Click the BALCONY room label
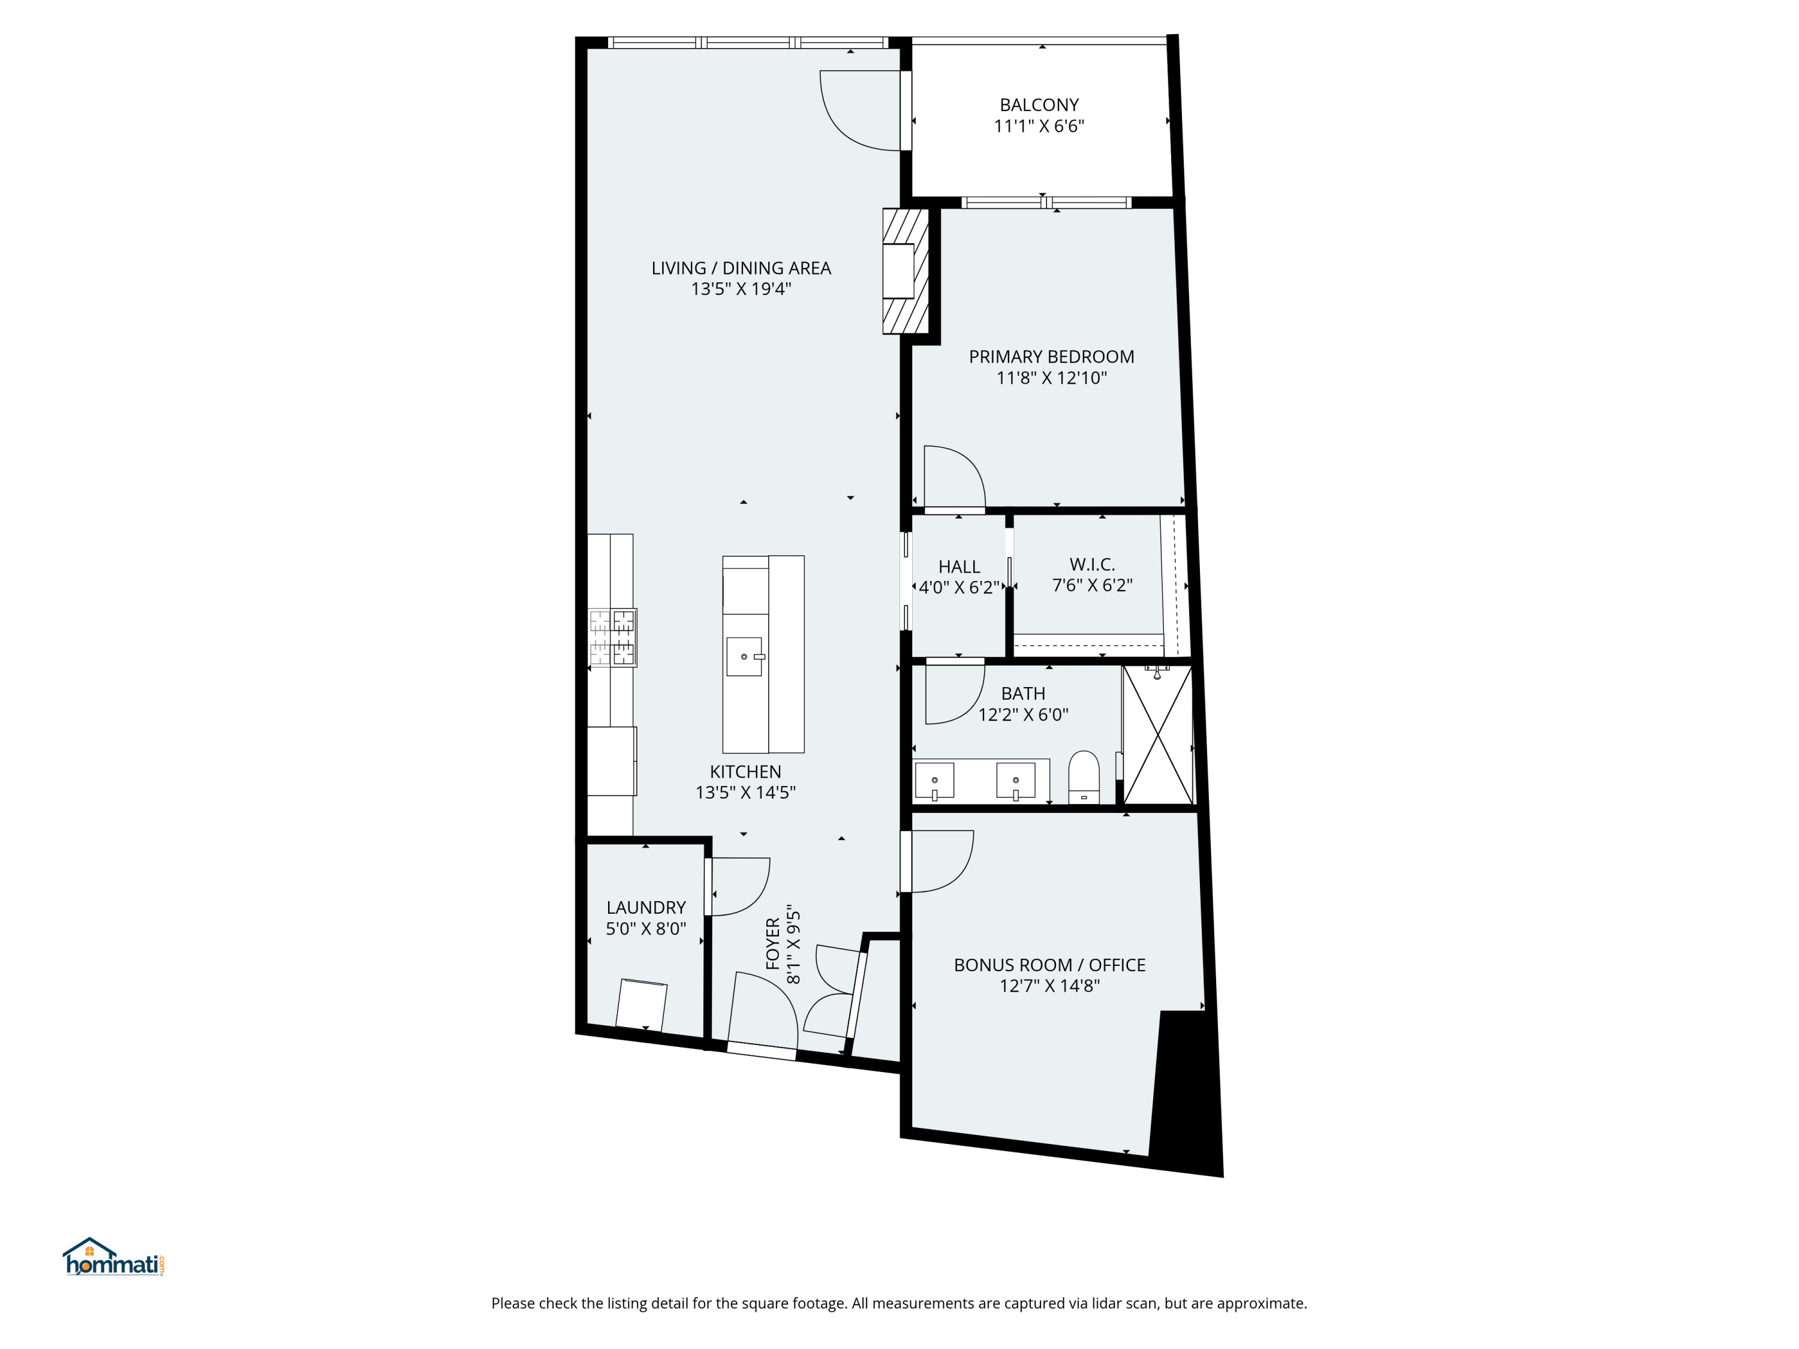[x=1039, y=105]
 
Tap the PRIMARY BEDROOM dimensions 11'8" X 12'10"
[x=1052, y=378]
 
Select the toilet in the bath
[x=1084, y=779]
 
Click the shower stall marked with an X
[x=1157, y=735]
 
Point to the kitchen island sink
[x=744, y=656]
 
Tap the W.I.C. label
[x=1091, y=564]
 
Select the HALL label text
[x=959, y=567]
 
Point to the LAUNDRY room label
[x=646, y=908]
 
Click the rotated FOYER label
[x=772, y=944]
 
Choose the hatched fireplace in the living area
[x=905, y=272]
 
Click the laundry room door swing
[x=738, y=886]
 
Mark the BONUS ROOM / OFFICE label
[x=1049, y=965]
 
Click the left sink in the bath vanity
[x=934, y=781]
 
